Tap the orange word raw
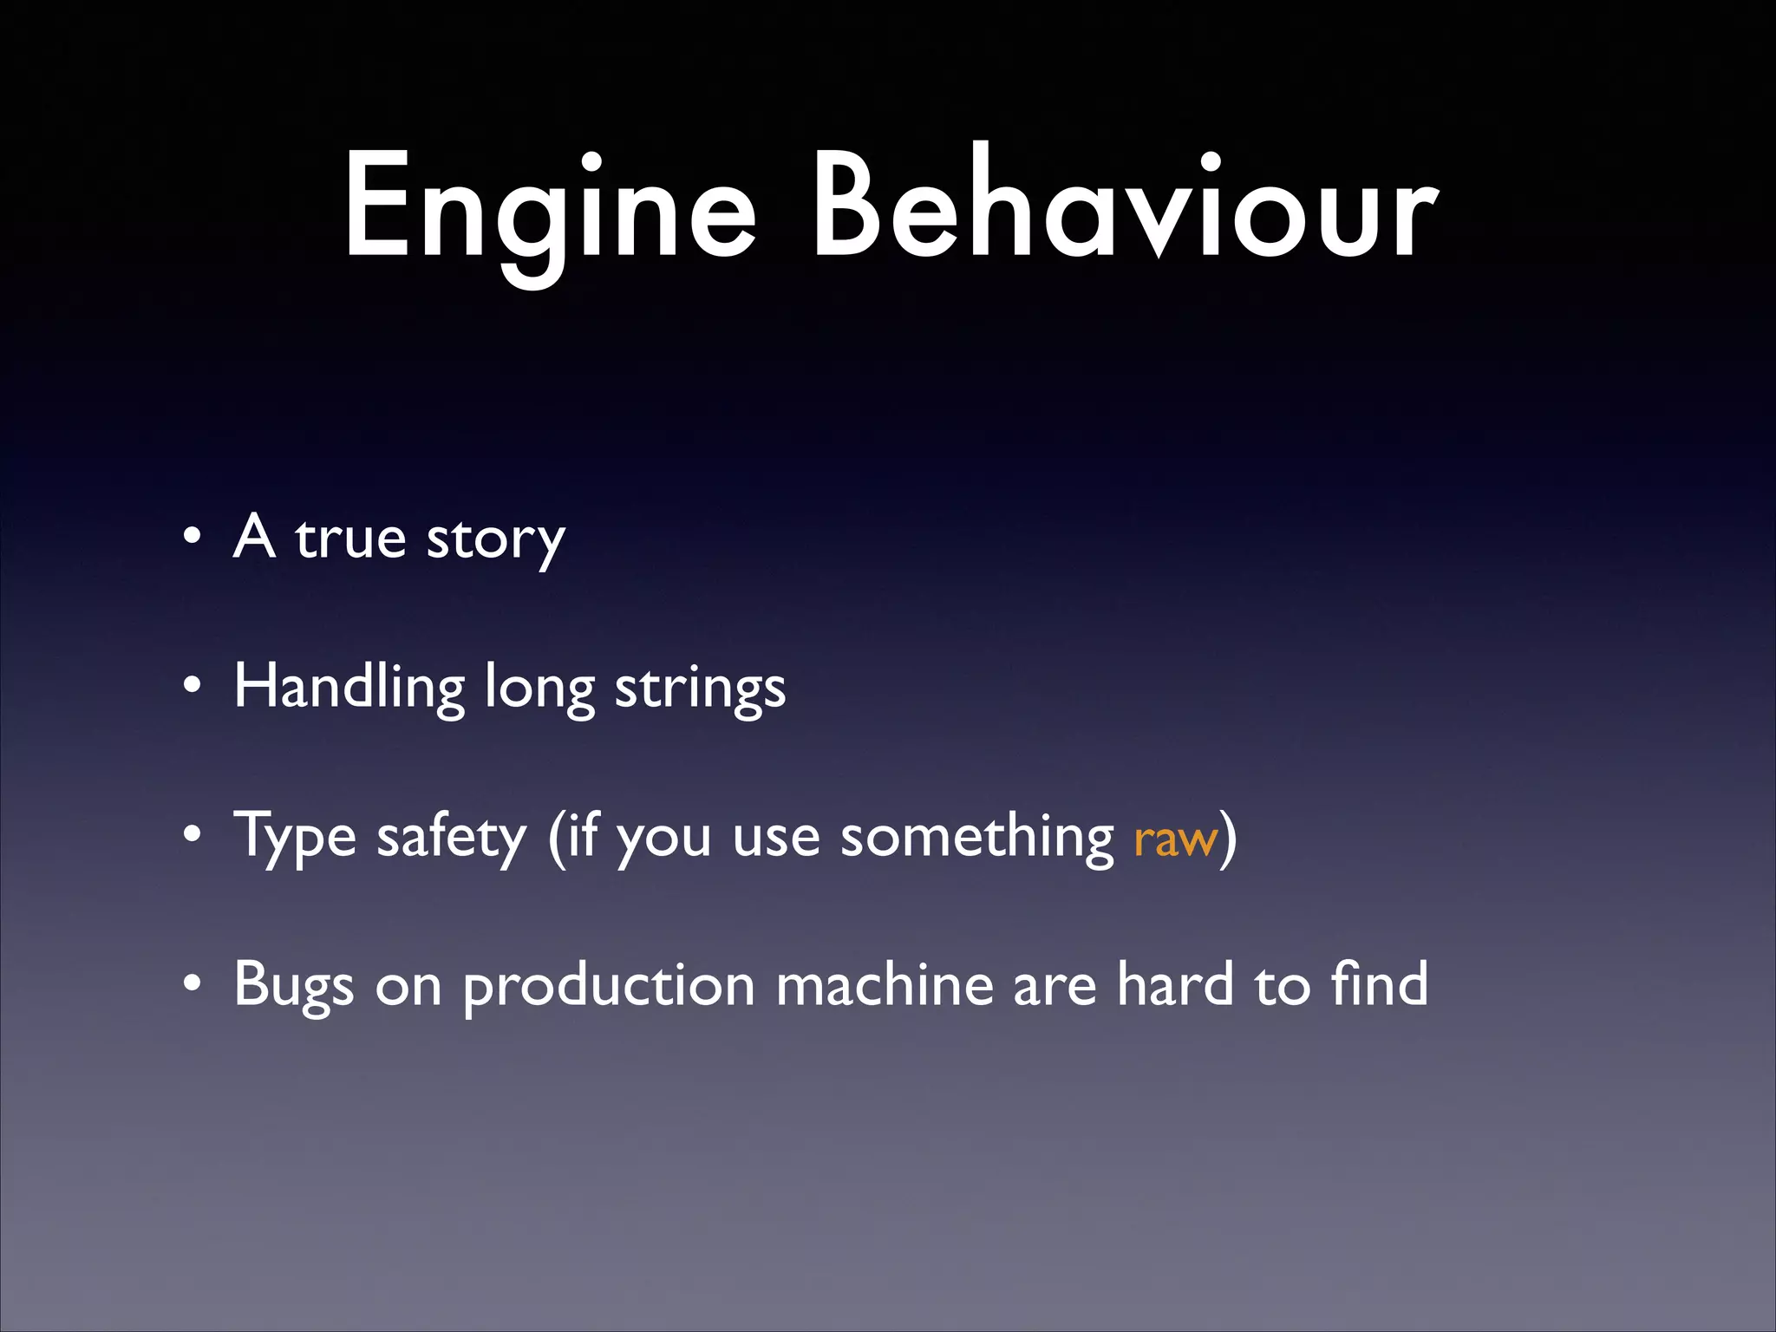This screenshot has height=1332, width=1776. click(x=1175, y=839)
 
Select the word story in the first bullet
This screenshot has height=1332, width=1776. click(x=495, y=539)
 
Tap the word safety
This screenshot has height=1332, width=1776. click(x=451, y=836)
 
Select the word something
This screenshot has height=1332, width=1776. click(x=977, y=836)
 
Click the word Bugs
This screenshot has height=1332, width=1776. click(x=294, y=985)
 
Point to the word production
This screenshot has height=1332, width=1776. click(x=609, y=987)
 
